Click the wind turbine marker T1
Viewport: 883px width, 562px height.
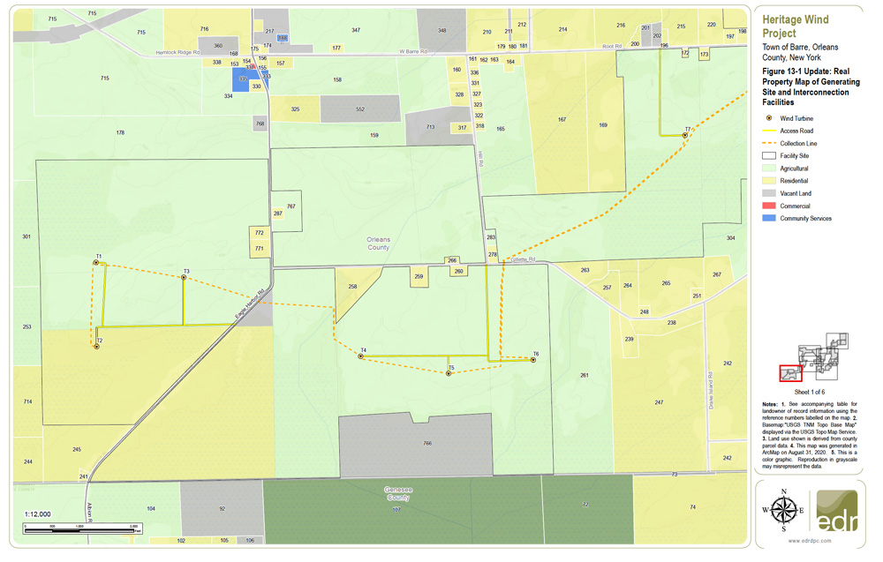point(96,263)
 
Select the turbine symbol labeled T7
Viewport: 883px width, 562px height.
point(684,135)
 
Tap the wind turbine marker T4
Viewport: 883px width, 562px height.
point(361,356)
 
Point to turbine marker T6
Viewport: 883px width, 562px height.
point(533,360)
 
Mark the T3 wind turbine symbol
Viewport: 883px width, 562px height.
point(184,278)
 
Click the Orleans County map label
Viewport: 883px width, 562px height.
point(379,244)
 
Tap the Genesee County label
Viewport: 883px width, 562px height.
point(397,493)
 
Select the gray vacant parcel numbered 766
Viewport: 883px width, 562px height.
point(427,444)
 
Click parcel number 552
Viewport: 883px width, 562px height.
point(360,109)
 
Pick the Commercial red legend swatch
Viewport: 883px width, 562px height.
point(769,206)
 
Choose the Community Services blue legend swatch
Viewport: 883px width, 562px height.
point(769,218)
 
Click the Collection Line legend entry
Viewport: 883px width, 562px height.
point(798,143)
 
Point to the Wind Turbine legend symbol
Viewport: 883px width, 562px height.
point(769,118)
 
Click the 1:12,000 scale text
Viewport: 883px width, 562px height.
point(37,513)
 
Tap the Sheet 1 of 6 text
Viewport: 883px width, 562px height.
point(810,391)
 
